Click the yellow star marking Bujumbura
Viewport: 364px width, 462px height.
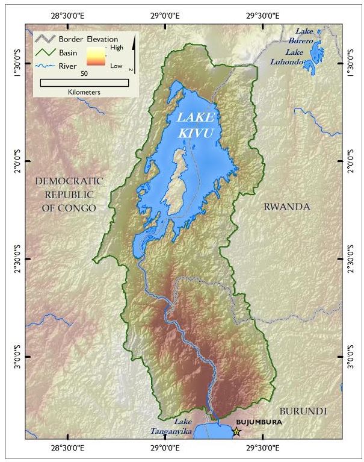pos(236,431)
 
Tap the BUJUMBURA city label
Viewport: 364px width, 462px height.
pos(259,422)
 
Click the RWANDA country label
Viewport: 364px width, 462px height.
pos(287,207)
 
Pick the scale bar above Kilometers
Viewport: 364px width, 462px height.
pos(84,82)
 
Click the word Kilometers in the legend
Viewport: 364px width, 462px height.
pos(84,92)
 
